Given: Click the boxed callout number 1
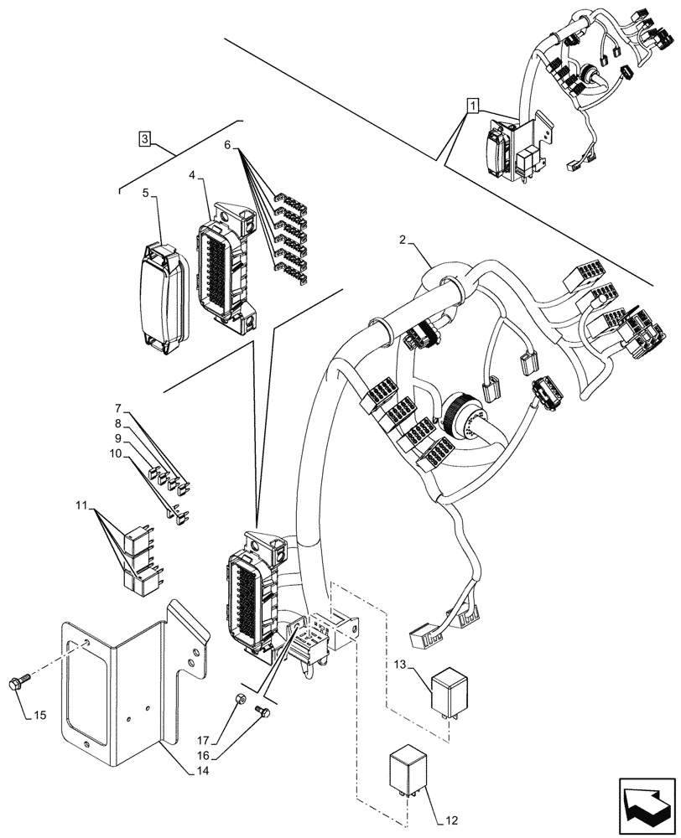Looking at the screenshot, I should click(474, 106).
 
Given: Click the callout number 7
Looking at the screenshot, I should click(119, 408).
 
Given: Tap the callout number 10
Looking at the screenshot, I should click(114, 454).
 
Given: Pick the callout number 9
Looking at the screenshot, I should click(118, 438).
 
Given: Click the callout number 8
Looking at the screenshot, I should click(118, 424).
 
